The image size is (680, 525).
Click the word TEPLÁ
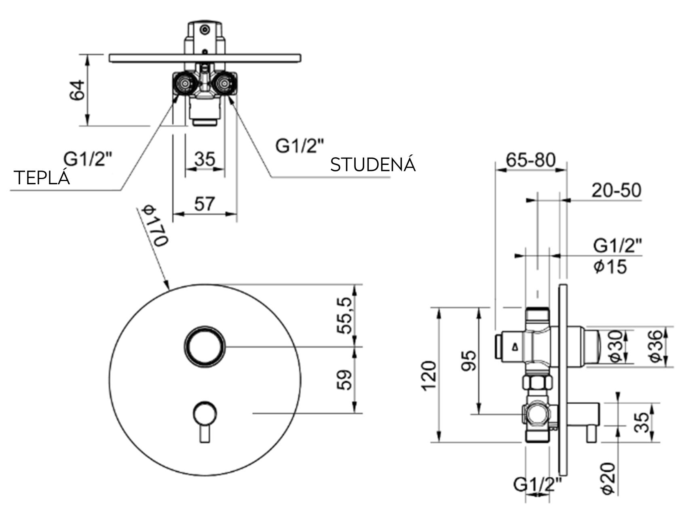coord(42,178)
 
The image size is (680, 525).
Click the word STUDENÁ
coord(373,165)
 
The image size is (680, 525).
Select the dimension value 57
coord(204,204)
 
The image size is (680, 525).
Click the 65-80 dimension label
coord(531,160)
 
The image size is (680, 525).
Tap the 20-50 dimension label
coord(616,190)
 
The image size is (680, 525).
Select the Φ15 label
coord(610,267)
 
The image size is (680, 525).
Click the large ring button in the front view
coord(205,346)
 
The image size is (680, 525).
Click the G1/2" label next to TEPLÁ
coord(88,159)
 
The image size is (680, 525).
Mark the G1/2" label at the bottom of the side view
coord(537,484)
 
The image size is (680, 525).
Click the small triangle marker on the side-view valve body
coord(514,346)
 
